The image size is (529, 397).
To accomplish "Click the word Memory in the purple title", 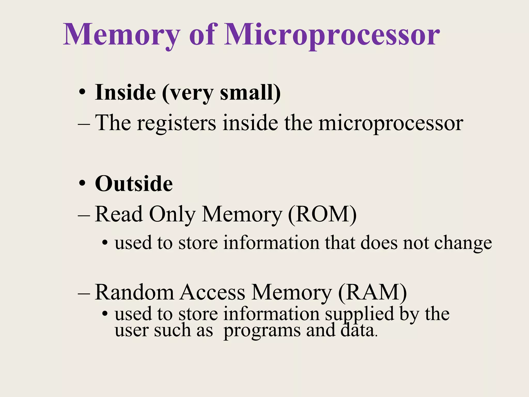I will (x=121, y=35).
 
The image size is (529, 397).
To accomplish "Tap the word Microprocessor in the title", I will (x=332, y=35).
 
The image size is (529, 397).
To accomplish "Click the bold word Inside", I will (x=126, y=92).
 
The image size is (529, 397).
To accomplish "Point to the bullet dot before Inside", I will (x=82, y=92).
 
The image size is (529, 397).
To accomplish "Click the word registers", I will (x=176, y=123).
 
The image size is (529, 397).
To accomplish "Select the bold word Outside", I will (x=134, y=184).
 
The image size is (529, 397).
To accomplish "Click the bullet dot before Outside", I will (x=82, y=184).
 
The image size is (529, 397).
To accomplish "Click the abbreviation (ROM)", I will (x=322, y=214).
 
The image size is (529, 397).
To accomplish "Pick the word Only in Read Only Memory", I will (x=172, y=215).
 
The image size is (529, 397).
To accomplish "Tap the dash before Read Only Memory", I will (x=84, y=215).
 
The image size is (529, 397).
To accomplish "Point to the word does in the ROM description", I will (x=379, y=243).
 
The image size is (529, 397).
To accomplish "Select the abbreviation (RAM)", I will (x=372, y=293).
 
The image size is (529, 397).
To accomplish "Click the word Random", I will (x=134, y=292).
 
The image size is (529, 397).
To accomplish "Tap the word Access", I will (x=212, y=292).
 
